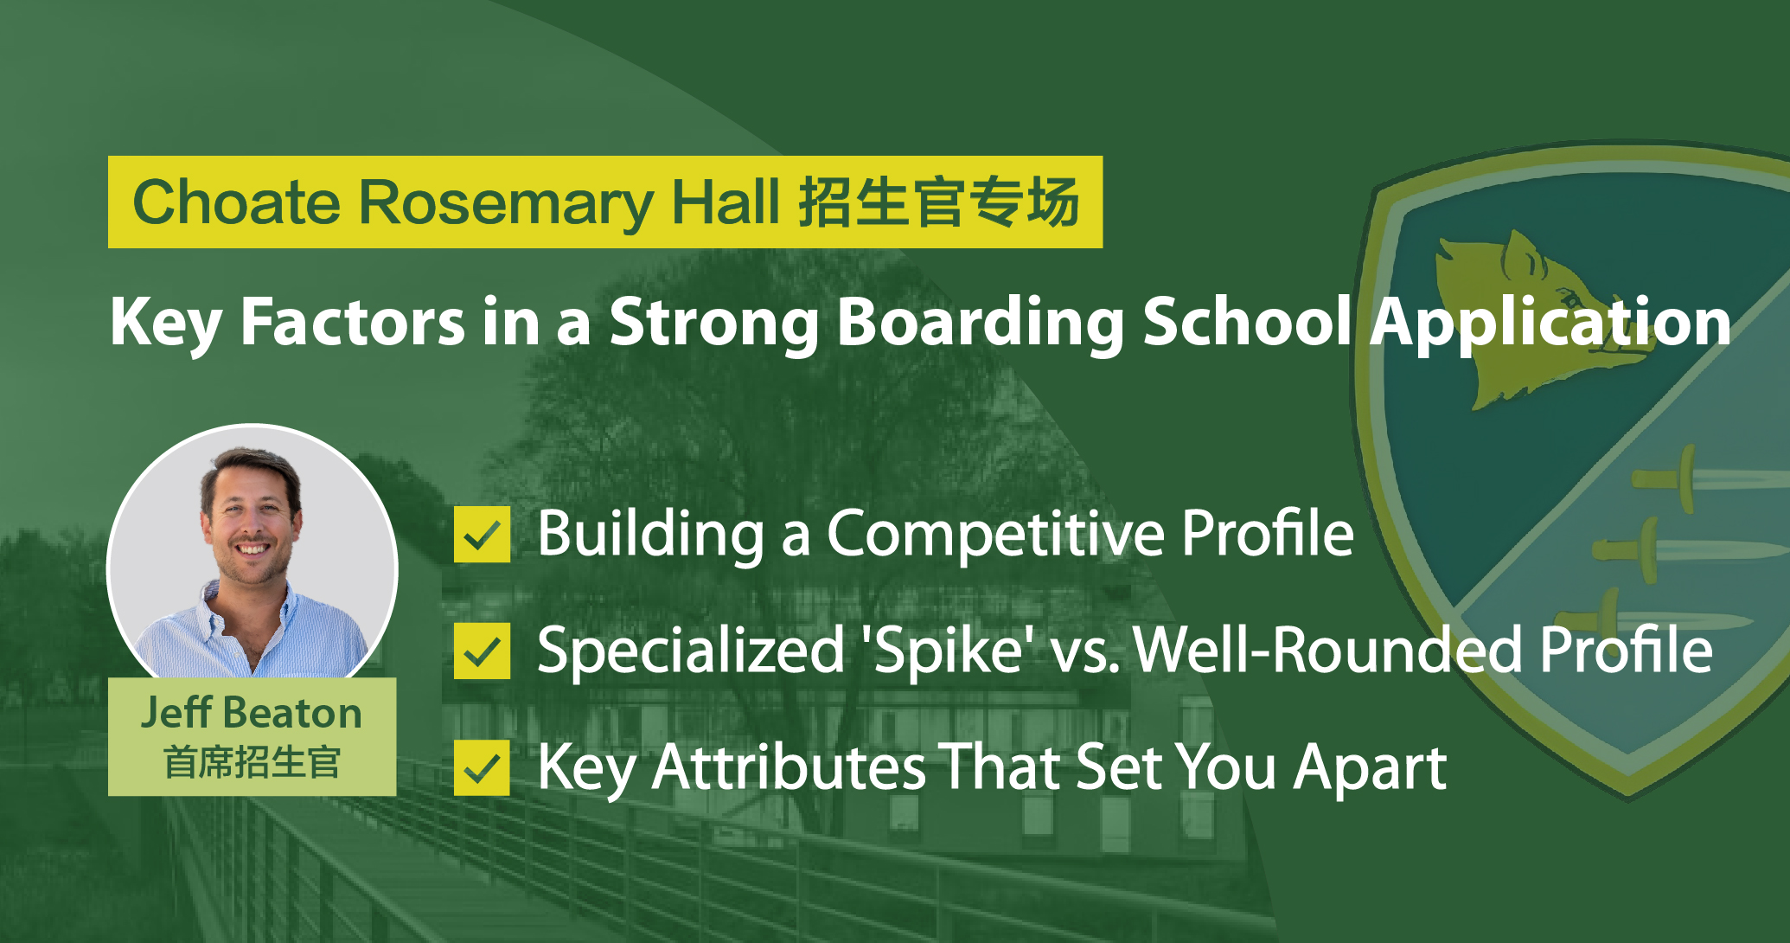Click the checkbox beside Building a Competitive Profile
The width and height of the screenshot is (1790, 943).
point(482,535)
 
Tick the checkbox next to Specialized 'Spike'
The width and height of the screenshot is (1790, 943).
point(482,651)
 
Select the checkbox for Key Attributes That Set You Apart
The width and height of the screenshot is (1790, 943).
point(482,767)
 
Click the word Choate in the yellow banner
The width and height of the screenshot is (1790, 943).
point(236,202)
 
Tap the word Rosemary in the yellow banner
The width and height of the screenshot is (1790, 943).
point(505,205)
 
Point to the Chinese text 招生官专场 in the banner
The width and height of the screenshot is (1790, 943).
point(938,202)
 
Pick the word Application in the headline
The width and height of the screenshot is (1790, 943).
point(1550,323)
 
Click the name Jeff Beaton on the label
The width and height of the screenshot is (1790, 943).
point(252,713)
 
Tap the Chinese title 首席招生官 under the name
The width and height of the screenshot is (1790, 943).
point(252,762)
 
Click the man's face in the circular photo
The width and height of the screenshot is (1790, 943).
point(252,519)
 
